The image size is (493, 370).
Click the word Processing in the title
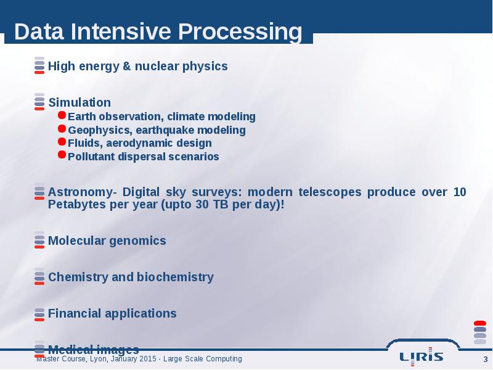click(x=240, y=32)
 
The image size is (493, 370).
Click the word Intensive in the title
click(x=121, y=31)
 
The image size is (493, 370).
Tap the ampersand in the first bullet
click(x=126, y=66)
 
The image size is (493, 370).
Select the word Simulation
click(x=79, y=102)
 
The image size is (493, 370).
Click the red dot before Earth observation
click(x=62, y=115)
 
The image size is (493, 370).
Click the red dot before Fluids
click(x=62, y=142)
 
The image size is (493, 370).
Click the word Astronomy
click(x=80, y=192)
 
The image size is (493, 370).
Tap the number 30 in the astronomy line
click(x=203, y=205)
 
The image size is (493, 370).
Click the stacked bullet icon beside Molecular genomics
click(x=39, y=240)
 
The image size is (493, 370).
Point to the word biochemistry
click(x=175, y=277)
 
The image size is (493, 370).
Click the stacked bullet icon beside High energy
click(x=39, y=65)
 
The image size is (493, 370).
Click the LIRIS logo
click(x=422, y=356)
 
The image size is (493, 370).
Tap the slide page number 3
click(x=486, y=360)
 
